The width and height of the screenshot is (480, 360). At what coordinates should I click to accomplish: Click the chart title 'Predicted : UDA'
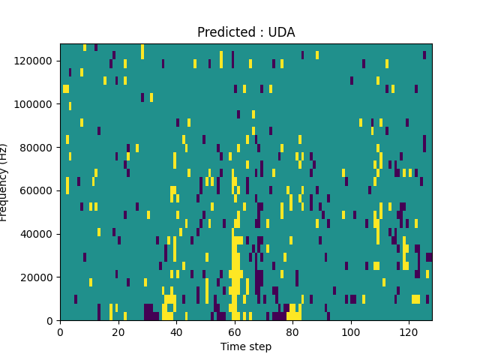coord(246,32)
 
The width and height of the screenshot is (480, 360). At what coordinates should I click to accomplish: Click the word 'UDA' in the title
coord(281,32)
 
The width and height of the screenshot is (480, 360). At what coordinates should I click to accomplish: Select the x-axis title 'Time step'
coord(246,346)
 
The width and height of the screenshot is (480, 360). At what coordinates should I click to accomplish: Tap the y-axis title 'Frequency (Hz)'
coord(4,182)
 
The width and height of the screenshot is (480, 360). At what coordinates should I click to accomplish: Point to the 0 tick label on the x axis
coord(60,331)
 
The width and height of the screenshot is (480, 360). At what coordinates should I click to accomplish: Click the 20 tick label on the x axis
coord(118,331)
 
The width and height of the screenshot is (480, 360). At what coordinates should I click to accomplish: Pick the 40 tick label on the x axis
coord(176,331)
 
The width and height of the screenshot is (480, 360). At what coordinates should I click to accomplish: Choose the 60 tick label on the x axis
coord(235,331)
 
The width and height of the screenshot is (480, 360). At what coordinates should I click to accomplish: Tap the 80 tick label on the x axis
coord(292,331)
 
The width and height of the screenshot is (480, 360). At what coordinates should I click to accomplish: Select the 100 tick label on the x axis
coord(351,331)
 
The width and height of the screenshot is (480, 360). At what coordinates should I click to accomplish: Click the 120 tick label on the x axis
coord(409,331)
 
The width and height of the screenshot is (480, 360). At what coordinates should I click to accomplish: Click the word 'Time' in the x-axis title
coord(232,346)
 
